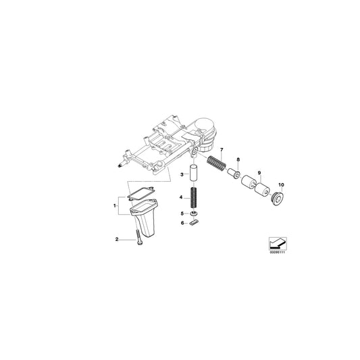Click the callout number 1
click(115, 203)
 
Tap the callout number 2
click(117, 240)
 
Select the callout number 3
click(181, 174)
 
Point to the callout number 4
click(181, 198)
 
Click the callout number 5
click(181, 213)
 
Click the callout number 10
click(281, 184)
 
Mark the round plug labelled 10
click(276, 198)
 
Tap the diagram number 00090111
click(277, 254)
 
